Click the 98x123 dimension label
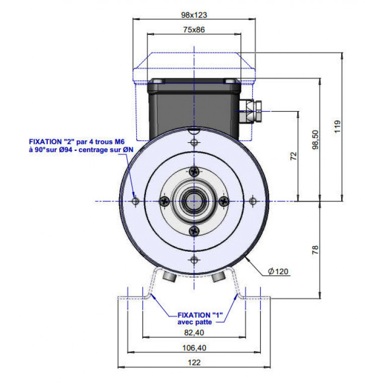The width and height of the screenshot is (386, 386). click(194, 15)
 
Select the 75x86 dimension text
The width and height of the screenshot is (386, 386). click(194, 30)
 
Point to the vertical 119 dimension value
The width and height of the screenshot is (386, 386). click(338, 126)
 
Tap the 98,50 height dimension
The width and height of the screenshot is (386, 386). click(315, 139)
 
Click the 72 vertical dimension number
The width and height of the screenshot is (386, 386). click(293, 156)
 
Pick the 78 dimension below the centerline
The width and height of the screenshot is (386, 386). click(315, 250)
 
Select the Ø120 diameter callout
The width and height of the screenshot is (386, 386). click(278, 272)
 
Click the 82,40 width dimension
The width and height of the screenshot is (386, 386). click(194, 333)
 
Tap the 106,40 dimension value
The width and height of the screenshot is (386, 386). click(194, 348)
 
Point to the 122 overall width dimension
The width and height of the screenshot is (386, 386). click(194, 363)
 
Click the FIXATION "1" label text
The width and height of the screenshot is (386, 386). click(200, 315)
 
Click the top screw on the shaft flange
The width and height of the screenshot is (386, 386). click(194, 172)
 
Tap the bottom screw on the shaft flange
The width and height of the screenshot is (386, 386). click(194, 231)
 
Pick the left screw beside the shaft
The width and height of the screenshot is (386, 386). click(164, 201)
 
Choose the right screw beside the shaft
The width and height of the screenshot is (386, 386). click(224, 201)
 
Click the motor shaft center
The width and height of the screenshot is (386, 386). click(194, 201)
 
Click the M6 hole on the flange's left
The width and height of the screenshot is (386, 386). click(135, 201)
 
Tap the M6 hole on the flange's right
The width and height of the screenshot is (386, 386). click(253, 201)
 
